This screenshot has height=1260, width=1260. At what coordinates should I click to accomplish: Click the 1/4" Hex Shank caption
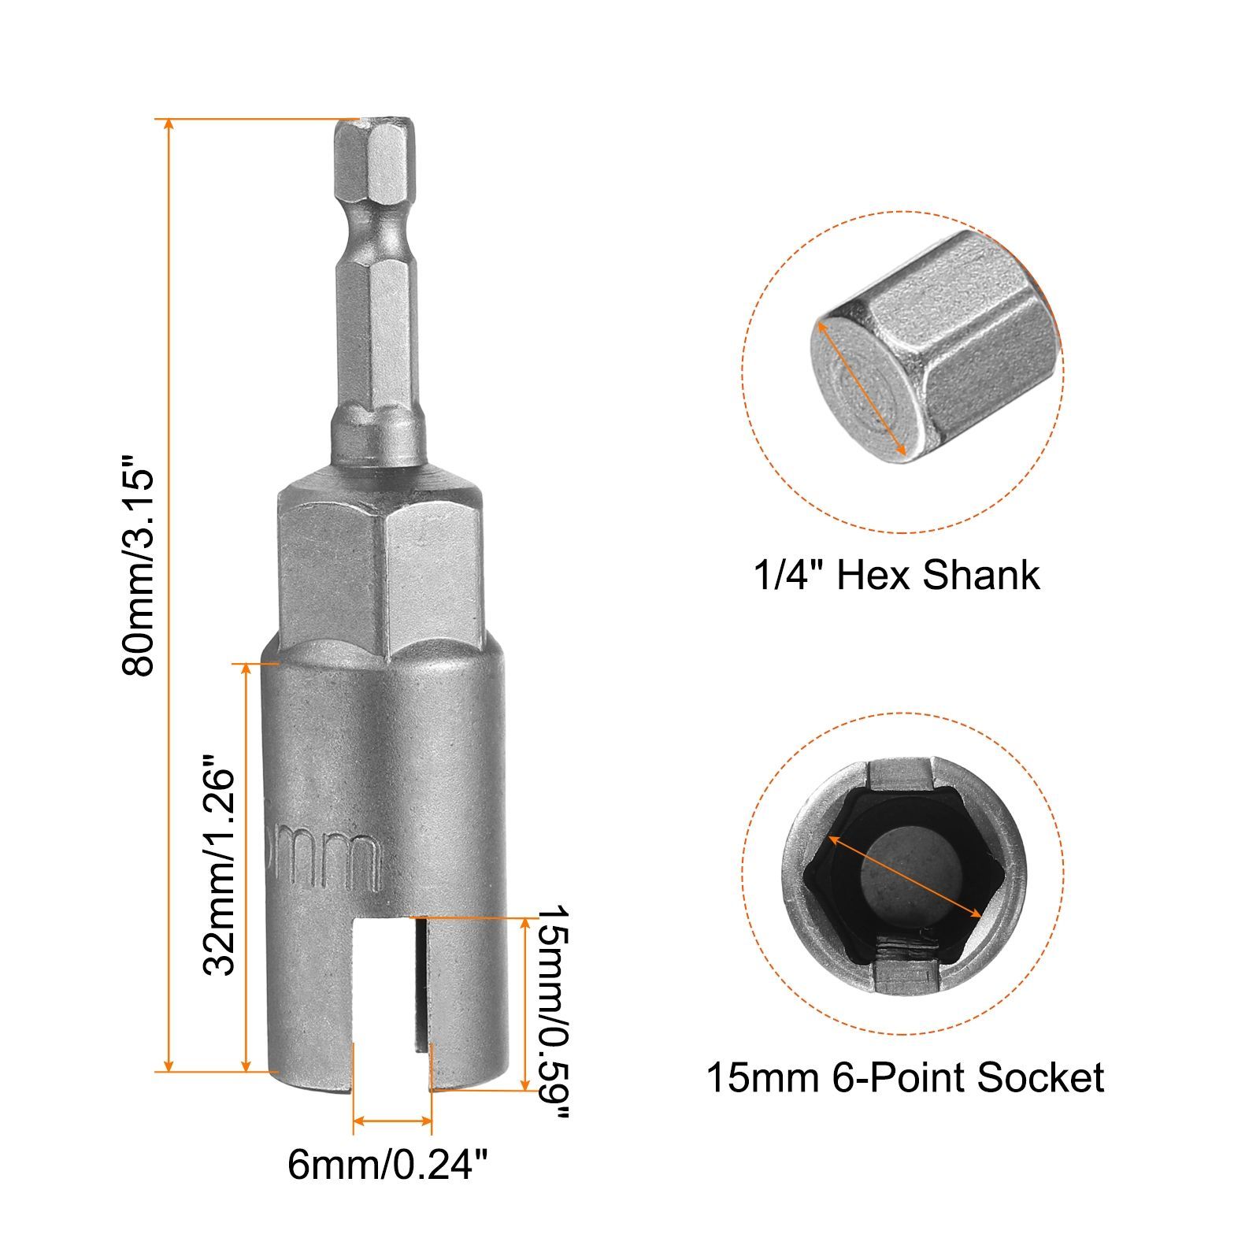pyautogui.click(x=897, y=575)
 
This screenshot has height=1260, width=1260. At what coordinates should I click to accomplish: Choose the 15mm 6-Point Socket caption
pyautogui.click(x=905, y=1077)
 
